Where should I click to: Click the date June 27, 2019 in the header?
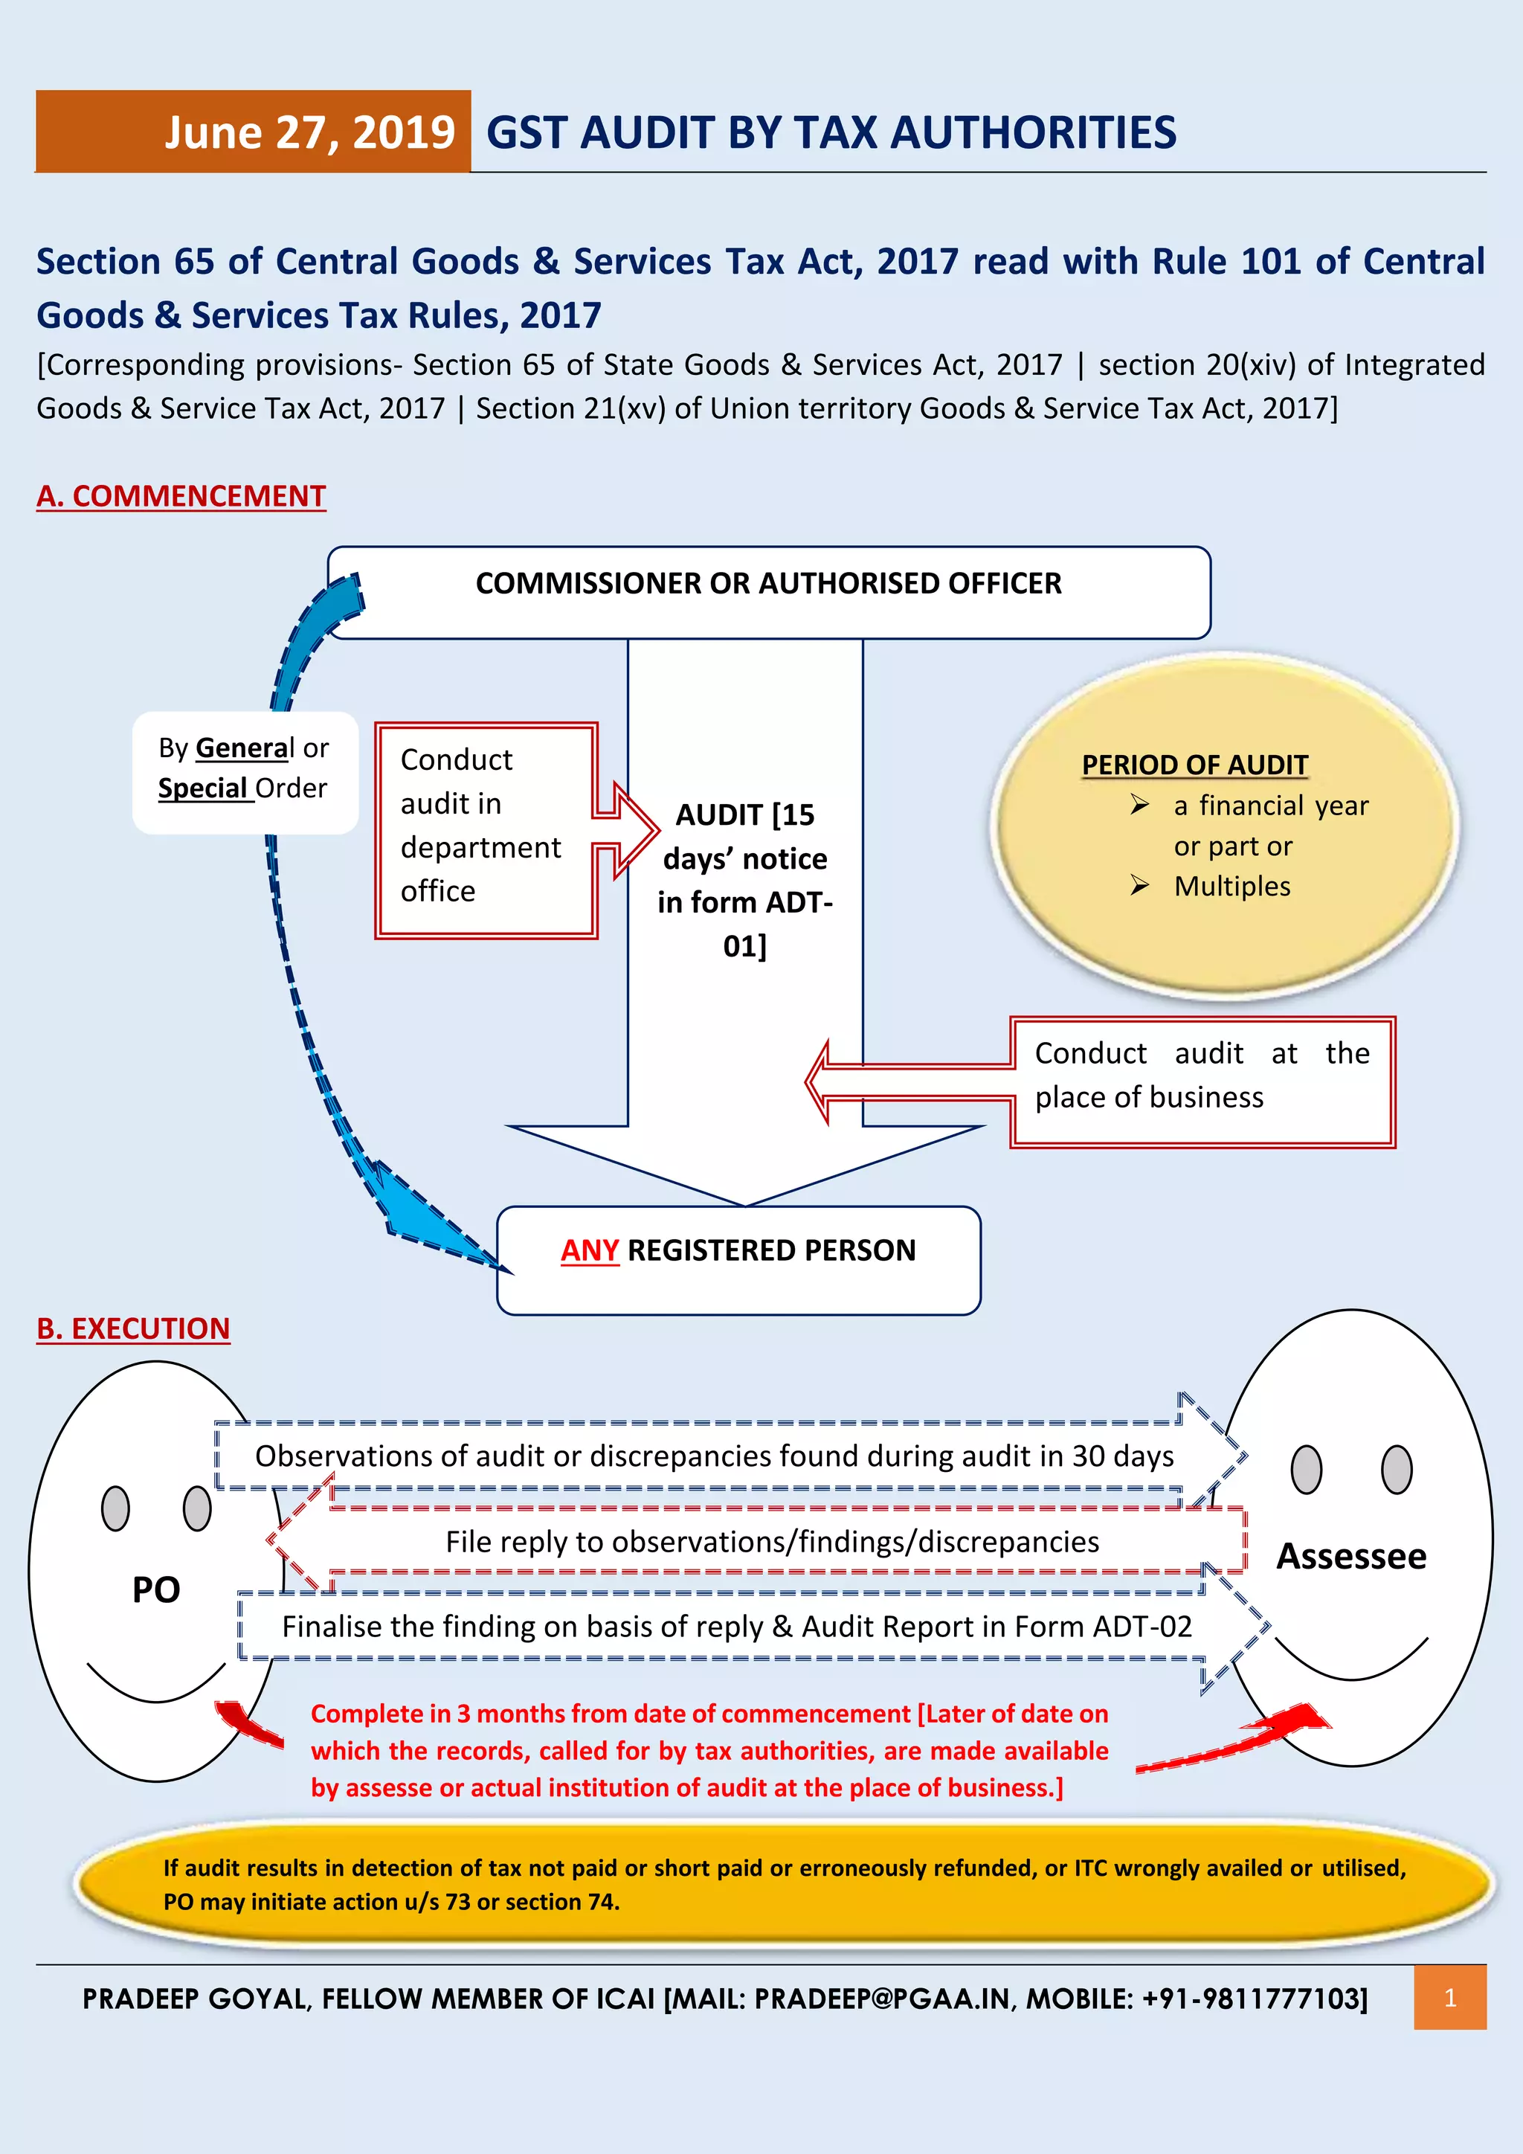pyautogui.click(x=309, y=132)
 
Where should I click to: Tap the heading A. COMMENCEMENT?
pyautogui.click(x=181, y=495)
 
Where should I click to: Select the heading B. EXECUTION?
pyautogui.click(x=133, y=1328)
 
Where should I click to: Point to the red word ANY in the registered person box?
pyautogui.click(x=589, y=1250)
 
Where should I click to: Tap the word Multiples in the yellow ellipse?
pyautogui.click(x=1231, y=886)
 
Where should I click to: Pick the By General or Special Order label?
pyautogui.click(x=244, y=768)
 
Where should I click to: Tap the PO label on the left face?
pyautogui.click(x=155, y=1589)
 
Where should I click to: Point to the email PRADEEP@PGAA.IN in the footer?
pyautogui.click(x=883, y=1999)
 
